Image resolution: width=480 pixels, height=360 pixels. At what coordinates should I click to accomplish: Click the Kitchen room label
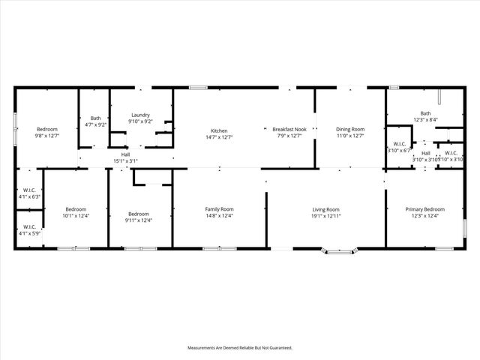219,130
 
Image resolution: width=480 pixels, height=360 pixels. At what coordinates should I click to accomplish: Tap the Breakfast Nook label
289,130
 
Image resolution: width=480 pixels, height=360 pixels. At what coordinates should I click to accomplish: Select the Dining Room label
349,130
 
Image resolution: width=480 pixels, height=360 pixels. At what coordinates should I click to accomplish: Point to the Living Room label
326,209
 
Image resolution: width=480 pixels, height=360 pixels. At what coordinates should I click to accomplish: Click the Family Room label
220,209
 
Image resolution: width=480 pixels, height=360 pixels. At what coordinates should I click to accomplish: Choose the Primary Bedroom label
424,209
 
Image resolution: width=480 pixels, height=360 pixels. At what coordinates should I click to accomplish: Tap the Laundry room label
140,115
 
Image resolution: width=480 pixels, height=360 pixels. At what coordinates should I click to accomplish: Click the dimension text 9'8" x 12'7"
46,136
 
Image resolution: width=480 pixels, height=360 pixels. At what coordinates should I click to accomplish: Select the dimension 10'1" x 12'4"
76,216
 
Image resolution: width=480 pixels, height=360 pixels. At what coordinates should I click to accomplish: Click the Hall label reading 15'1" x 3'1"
125,160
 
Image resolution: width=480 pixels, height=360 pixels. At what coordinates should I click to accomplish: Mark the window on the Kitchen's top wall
198,88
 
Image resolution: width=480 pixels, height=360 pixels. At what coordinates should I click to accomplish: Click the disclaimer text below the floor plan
239,348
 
